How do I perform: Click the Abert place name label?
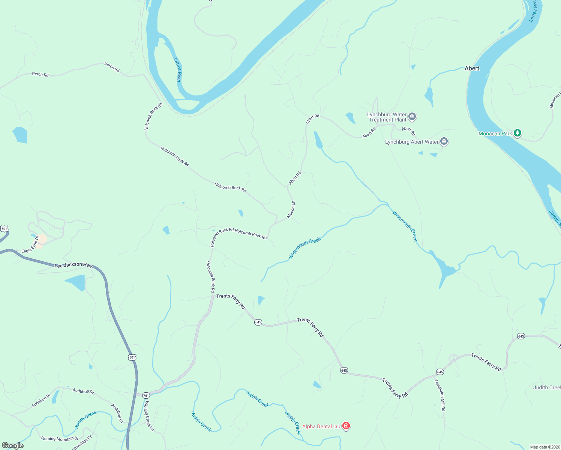tap(472, 68)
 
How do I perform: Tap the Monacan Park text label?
tap(495, 133)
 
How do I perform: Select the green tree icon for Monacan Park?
tap(517, 133)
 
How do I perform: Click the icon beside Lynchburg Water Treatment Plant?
tap(412, 117)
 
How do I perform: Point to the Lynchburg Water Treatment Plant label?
tap(387, 117)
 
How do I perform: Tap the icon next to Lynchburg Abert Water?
tap(444, 142)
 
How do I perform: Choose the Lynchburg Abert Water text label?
tap(412, 142)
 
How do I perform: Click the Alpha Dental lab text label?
tap(321, 426)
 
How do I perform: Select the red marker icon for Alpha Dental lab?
tap(346, 426)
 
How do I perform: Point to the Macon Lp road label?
tap(291, 210)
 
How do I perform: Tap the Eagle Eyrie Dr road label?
tap(30, 245)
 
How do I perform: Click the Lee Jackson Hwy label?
tap(73, 265)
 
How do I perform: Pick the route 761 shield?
tap(146, 396)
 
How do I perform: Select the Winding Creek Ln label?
tap(149, 416)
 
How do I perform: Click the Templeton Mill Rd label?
tap(440, 395)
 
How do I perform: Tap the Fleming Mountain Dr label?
tap(60, 438)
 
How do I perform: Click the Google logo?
tap(13, 445)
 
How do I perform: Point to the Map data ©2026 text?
tap(544, 447)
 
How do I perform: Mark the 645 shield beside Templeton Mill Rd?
tap(440, 372)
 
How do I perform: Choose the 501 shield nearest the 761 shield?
tap(132, 357)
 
